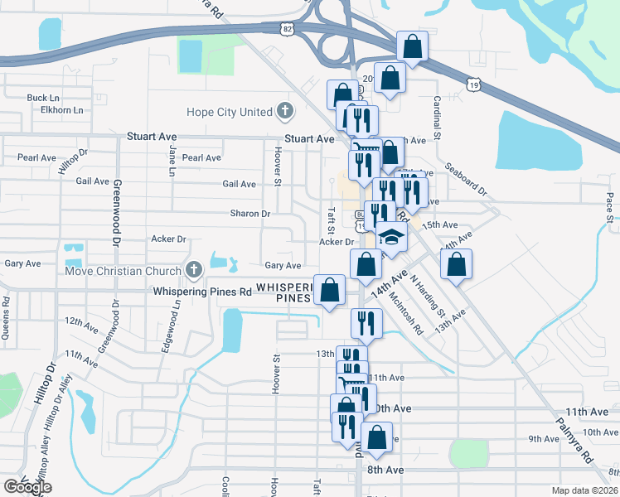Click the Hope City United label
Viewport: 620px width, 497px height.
232,112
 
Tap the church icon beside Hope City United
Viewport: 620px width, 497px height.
285,110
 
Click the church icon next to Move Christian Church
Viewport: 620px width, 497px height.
194,269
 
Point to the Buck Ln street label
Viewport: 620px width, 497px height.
43,98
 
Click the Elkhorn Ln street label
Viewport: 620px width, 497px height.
56,109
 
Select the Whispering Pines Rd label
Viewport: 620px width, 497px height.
202,292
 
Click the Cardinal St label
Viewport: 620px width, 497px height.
435,116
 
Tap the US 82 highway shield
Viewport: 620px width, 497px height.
286,29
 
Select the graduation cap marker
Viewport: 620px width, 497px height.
393,238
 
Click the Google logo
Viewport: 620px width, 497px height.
27,488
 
